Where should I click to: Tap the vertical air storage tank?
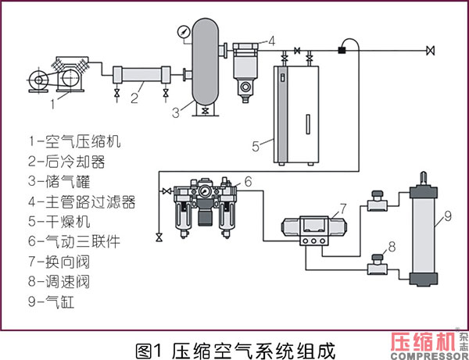coord(204,62)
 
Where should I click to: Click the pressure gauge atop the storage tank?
coord(183,32)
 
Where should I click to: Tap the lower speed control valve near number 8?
coord(377,269)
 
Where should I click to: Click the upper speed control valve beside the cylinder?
coord(377,205)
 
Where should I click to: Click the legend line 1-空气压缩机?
coord(75,142)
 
